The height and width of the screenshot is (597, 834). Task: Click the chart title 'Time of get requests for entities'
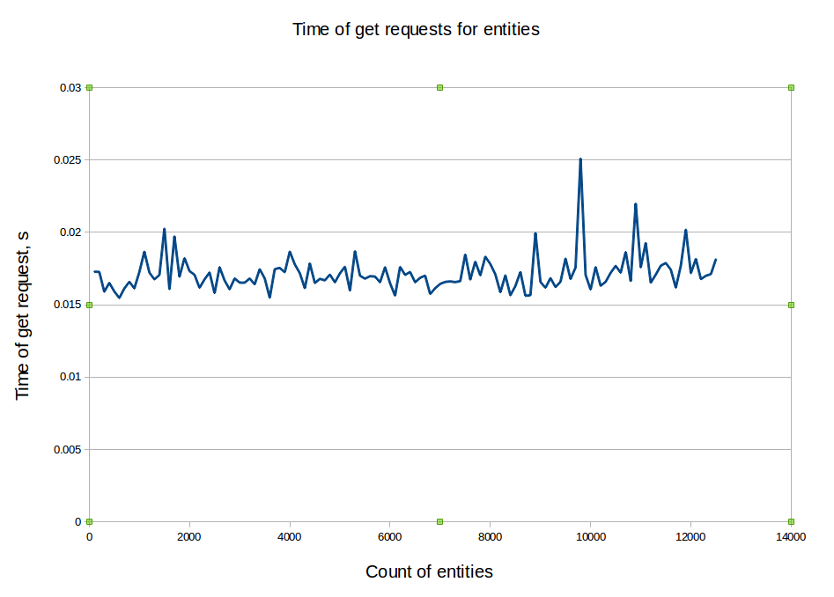click(x=416, y=29)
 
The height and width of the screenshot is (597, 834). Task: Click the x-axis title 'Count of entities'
click(x=429, y=572)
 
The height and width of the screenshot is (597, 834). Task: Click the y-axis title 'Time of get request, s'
click(x=23, y=314)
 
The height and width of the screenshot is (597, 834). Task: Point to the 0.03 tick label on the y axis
click(x=70, y=88)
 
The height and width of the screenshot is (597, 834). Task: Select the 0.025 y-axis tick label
click(x=67, y=160)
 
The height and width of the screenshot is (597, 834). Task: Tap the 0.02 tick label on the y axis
click(x=70, y=232)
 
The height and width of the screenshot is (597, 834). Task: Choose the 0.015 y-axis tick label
click(x=67, y=305)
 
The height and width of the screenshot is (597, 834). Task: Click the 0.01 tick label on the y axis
click(x=70, y=377)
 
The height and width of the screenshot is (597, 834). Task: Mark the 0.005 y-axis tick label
click(x=67, y=450)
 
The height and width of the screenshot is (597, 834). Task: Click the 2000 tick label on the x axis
click(x=189, y=536)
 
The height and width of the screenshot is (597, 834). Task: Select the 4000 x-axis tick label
click(x=290, y=536)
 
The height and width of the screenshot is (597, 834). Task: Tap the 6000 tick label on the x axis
click(x=390, y=536)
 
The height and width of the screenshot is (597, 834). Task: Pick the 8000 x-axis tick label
click(x=491, y=536)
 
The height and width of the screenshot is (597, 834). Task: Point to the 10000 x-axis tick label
click(x=590, y=536)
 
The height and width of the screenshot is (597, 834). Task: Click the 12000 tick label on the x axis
click(x=690, y=536)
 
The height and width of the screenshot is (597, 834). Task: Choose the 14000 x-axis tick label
click(x=791, y=536)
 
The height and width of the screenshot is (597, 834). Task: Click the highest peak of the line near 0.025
click(x=580, y=159)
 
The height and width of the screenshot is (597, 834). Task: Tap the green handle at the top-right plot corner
click(x=791, y=87)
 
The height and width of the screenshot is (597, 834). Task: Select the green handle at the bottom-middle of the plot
click(x=439, y=521)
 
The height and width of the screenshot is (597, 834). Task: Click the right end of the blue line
click(x=715, y=260)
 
